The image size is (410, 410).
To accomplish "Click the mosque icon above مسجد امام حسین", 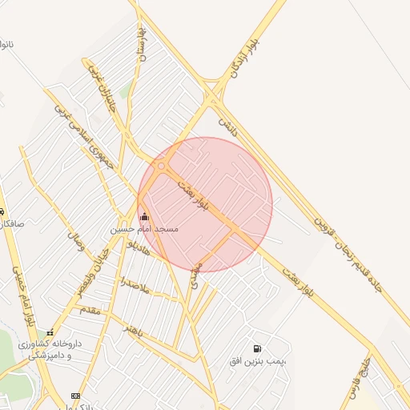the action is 144,216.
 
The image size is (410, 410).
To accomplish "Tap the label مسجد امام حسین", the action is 144,229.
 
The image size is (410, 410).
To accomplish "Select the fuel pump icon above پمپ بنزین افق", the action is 256,348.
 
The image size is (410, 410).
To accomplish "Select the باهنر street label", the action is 133,329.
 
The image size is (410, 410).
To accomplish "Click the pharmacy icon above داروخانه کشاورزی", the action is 50,332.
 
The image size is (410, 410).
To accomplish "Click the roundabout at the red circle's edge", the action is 162,167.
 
